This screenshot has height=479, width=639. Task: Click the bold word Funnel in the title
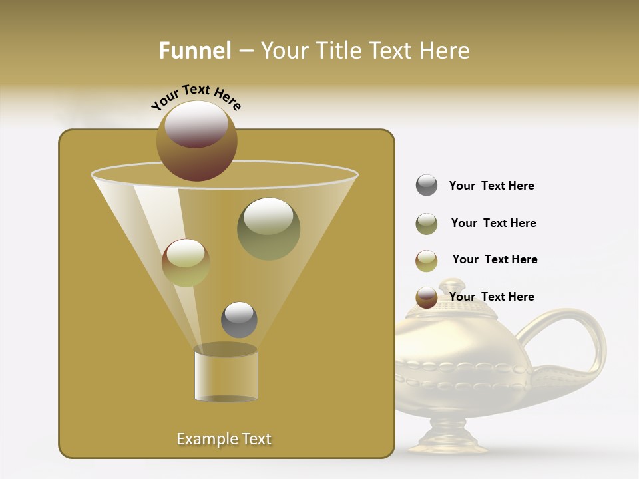pyautogui.click(x=194, y=51)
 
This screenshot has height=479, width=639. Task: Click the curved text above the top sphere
pyautogui.click(x=196, y=96)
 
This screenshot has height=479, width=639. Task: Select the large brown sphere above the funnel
pyautogui.click(x=196, y=141)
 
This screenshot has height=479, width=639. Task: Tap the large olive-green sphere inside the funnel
pyautogui.click(x=268, y=229)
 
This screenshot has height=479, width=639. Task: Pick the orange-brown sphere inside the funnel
pyautogui.click(x=186, y=263)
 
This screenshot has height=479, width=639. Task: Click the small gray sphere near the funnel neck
pyautogui.click(x=239, y=319)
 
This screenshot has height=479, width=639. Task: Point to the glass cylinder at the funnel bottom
pyautogui.click(x=226, y=375)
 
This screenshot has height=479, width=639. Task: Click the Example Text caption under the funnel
pyautogui.click(x=224, y=439)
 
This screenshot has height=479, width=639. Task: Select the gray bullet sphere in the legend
pyautogui.click(x=427, y=186)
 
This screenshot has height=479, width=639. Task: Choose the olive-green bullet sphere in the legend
pyautogui.click(x=427, y=224)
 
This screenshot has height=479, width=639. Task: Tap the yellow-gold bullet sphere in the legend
pyautogui.click(x=427, y=261)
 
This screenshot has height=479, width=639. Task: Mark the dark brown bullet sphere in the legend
pyautogui.click(x=427, y=297)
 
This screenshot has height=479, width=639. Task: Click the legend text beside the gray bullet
pyautogui.click(x=491, y=186)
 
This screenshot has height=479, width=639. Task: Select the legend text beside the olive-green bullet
pyautogui.click(x=493, y=223)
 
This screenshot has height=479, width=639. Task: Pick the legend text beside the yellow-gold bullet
pyautogui.click(x=495, y=259)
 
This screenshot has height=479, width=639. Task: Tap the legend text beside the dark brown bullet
pyautogui.click(x=491, y=297)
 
